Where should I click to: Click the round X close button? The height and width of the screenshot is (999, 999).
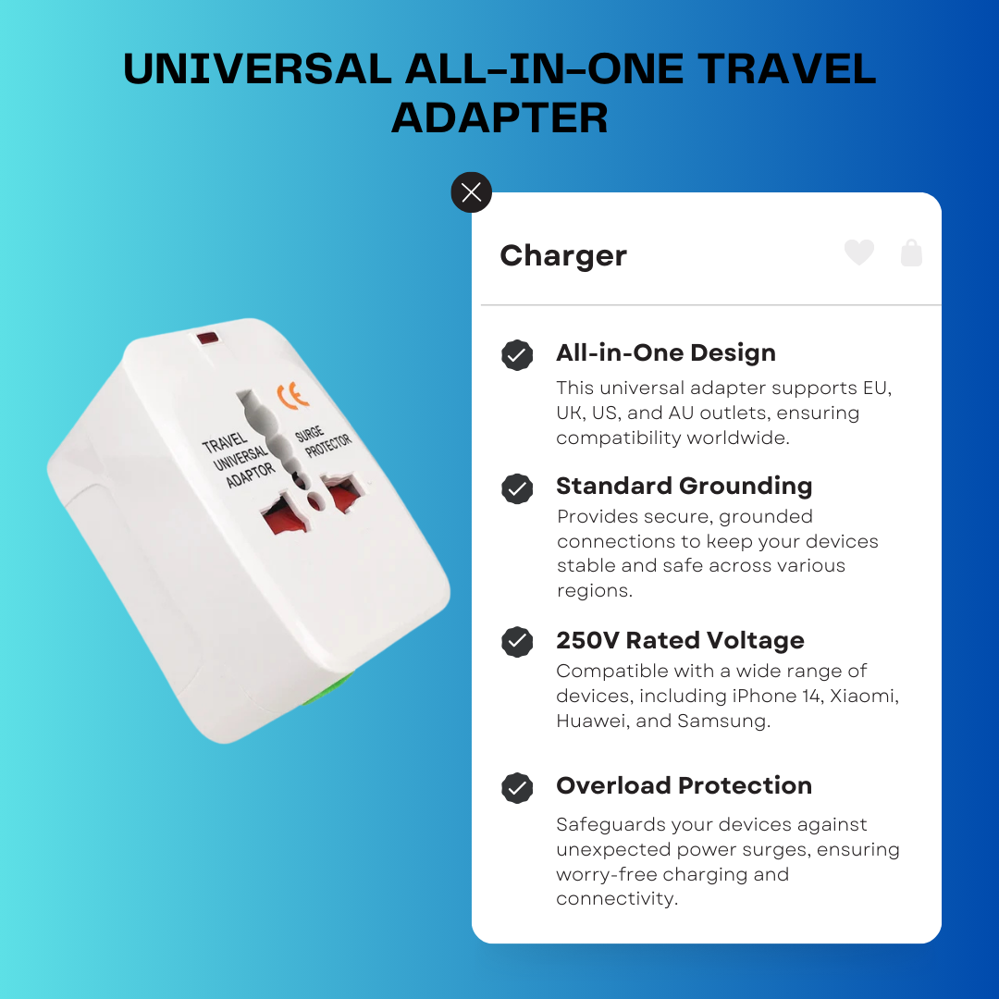point(472,192)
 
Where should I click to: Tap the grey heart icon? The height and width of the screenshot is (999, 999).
point(859,253)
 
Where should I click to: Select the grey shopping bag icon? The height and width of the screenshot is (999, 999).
point(911,253)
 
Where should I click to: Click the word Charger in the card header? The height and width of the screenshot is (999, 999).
point(563,256)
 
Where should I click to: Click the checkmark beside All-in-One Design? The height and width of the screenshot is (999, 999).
point(517,355)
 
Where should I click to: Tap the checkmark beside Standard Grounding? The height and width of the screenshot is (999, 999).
point(517,488)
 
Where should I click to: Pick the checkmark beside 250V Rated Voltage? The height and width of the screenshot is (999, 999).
point(517,642)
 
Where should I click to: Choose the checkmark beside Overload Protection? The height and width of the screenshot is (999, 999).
point(517,788)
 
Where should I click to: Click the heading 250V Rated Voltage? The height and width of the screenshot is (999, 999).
point(680,640)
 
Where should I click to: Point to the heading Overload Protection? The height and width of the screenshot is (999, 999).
point(684,785)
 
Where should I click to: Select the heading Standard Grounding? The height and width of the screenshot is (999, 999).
point(684,486)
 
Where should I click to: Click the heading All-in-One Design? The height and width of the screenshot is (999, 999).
point(666,352)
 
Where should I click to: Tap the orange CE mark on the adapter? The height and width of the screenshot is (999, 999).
point(293,397)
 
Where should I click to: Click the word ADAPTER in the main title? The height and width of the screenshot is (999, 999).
point(499,118)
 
